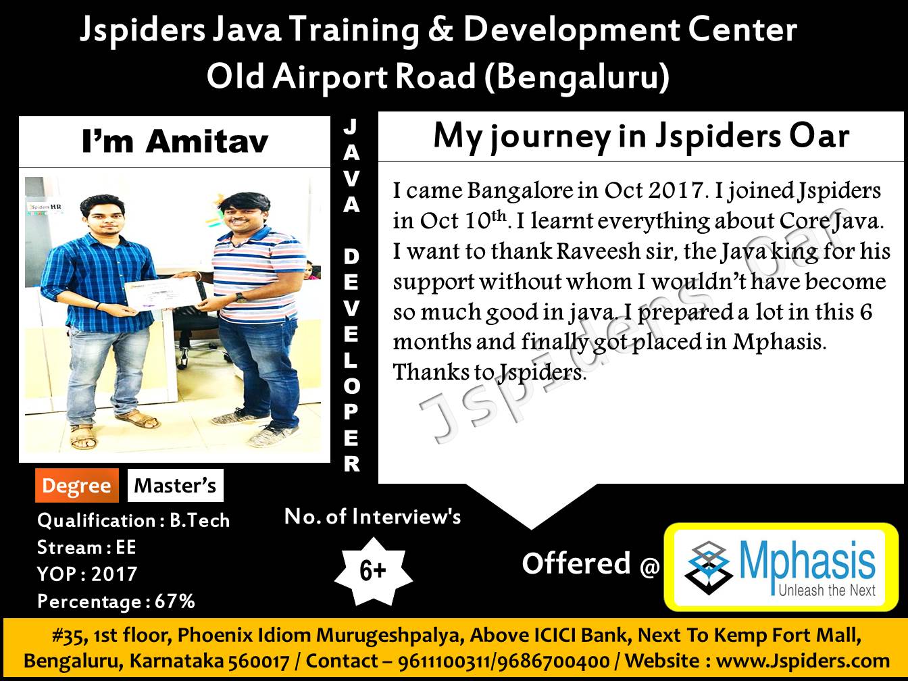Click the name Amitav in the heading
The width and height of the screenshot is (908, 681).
coord(207,141)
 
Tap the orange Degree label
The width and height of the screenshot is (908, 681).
coord(77,486)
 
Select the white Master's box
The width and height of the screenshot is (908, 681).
coord(176,486)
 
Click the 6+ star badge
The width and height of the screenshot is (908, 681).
coord(373,571)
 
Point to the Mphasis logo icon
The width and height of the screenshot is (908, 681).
coord(708,567)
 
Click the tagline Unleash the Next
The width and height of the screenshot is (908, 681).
coord(827,590)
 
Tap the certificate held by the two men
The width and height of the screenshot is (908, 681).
coord(163,294)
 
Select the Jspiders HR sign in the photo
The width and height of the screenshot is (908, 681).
coord(45,206)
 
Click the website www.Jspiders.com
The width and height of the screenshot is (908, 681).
coord(803,661)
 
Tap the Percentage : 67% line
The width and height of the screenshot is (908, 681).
coord(116,601)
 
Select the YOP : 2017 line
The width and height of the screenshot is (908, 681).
coord(87,574)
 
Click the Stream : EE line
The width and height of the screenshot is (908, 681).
coord(87,547)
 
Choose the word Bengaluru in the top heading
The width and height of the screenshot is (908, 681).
coord(577,77)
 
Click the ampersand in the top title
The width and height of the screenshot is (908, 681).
coord(440,30)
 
